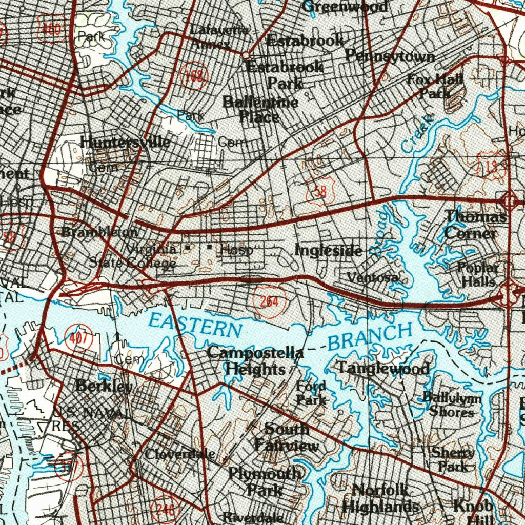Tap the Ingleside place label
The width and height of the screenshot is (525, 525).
tap(329, 250)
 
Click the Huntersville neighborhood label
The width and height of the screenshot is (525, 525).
tap(125, 142)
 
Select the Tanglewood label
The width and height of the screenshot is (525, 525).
tap(383, 368)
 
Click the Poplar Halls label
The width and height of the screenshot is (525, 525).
tap(478, 274)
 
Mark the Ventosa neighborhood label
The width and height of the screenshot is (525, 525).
tap(373, 277)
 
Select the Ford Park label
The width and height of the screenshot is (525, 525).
tap(311, 393)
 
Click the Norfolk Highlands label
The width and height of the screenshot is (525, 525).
tap(380, 498)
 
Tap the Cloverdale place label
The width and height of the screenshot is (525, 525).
tap(179, 454)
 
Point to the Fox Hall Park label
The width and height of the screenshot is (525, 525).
tap(436, 86)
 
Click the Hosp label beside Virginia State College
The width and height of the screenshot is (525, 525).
tap(236, 250)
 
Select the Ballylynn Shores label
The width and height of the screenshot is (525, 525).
tap(452, 404)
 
